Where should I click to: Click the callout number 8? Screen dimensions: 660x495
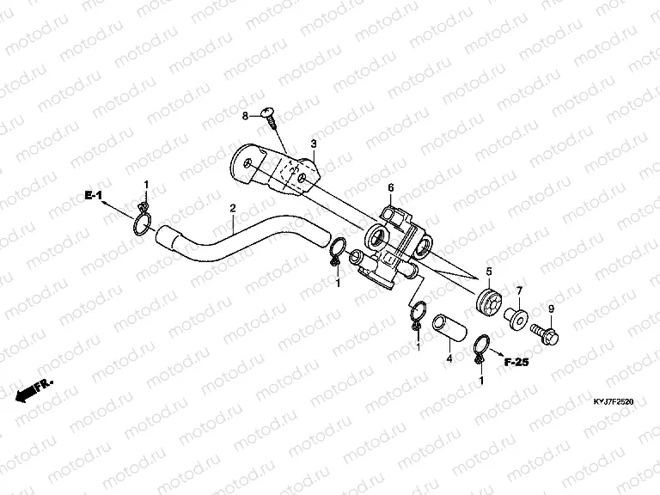coord(245,115)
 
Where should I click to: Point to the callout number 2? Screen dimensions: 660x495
coord(232,208)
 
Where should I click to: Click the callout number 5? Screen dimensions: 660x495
coord(489,272)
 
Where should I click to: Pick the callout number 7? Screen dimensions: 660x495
coord(518,290)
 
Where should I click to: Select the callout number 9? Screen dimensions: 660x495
coord(551,308)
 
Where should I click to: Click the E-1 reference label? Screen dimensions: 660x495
coord(93,198)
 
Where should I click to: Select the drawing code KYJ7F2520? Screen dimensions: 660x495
coord(612,400)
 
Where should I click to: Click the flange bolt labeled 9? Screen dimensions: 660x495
coord(546,329)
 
